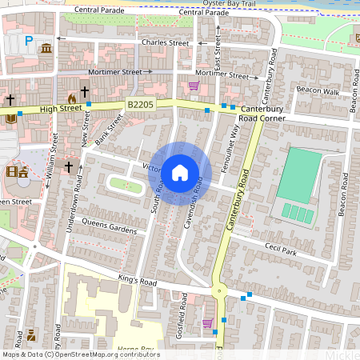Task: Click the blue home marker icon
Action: [180, 172]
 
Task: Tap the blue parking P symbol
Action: [29, 41]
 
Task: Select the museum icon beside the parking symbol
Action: [46, 49]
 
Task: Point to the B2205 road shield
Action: [139, 104]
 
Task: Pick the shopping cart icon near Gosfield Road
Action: [208, 323]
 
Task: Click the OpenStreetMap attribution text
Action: [80, 354]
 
